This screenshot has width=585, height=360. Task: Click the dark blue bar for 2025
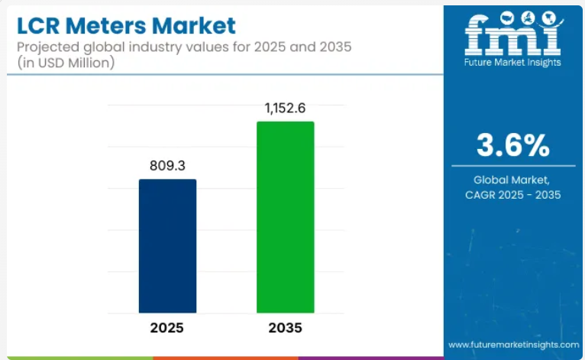pyautogui.click(x=167, y=245)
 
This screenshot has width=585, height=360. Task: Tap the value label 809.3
pyautogui.click(x=167, y=165)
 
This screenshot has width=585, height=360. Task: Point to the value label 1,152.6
pyautogui.click(x=285, y=108)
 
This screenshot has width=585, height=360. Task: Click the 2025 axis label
pyautogui.click(x=167, y=328)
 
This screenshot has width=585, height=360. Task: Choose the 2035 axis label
pyautogui.click(x=285, y=328)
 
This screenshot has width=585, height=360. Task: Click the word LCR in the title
pyautogui.click(x=39, y=25)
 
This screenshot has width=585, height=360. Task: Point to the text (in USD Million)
pyautogui.click(x=63, y=63)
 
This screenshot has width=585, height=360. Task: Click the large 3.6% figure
pyautogui.click(x=512, y=144)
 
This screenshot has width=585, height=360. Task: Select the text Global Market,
pyautogui.click(x=512, y=180)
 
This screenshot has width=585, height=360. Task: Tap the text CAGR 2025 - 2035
pyautogui.click(x=512, y=195)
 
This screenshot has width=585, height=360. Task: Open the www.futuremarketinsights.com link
pyautogui.click(x=512, y=345)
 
